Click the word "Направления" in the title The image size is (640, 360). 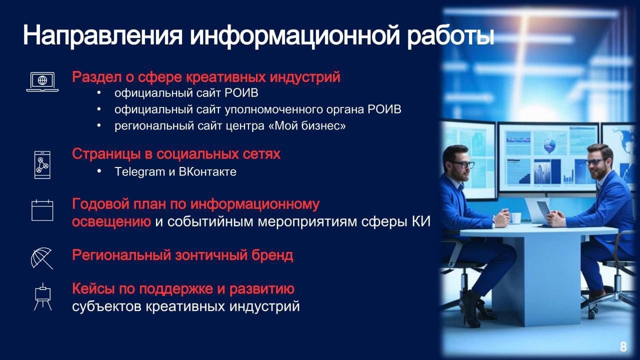coord(102,36)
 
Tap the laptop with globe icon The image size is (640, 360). coord(42,82)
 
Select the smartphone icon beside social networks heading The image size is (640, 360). coord(42,165)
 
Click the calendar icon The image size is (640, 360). coord(42,210)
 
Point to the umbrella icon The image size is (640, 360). coord(41,258)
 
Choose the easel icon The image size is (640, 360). coord(42,297)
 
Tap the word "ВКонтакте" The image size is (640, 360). coord(207,171)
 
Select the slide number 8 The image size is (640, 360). coord(623,346)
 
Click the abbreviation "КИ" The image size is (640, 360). coord(421,221)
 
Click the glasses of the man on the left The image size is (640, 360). coord(461,164)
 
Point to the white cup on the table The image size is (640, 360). coord(515,218)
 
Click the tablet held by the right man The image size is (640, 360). coord(543,209)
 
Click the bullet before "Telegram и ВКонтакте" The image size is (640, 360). coord(99,171)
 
